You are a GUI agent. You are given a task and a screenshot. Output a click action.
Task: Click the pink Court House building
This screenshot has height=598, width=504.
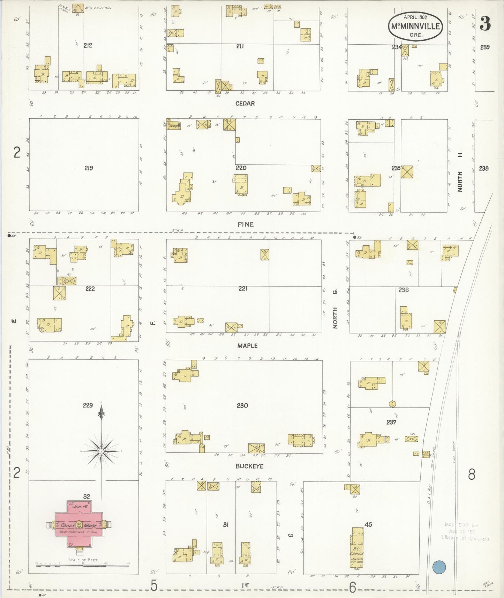point(78,525)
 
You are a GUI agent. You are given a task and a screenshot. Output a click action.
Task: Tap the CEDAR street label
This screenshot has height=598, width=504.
point(245,103)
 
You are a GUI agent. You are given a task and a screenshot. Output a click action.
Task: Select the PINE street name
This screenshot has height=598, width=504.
point(246,224)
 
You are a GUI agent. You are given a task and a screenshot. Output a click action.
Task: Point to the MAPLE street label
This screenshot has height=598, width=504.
point(247,346)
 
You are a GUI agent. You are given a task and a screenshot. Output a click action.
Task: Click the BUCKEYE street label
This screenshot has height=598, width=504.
point(249,466)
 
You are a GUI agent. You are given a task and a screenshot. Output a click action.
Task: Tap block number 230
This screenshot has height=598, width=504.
point(242,405)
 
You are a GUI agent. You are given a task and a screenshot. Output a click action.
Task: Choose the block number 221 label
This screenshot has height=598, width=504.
point(243,289)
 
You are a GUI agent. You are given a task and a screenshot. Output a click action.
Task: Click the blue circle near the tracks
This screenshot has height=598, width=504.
point(439,567)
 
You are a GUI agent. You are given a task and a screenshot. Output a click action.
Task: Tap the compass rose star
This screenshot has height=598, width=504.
point(101,451)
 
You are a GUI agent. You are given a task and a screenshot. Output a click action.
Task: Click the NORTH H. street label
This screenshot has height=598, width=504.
point(460,172)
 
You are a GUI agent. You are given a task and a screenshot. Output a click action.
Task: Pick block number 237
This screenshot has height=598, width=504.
point(391,422)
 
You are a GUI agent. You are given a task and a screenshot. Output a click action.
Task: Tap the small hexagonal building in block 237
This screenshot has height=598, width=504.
point(392,404)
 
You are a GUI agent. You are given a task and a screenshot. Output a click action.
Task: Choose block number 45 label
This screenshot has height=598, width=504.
point(368,524)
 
